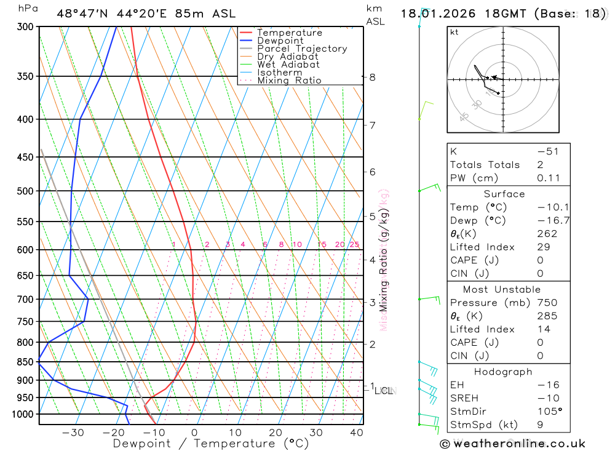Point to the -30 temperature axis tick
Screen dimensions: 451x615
tap(73, 433)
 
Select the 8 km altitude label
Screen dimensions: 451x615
tap(372, 78)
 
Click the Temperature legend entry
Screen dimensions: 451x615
tap(289, 33)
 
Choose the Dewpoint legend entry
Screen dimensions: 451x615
tap(280, 41)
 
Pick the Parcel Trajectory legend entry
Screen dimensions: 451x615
tap(302, 49)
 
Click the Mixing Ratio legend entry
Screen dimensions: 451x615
tap(289, 81)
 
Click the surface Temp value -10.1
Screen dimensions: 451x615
tap(546, 207)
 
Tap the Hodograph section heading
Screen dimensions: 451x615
tap(504, 372)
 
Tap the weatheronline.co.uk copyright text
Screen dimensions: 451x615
tap(512, 444)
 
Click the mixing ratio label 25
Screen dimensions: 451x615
tap(354, 245)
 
